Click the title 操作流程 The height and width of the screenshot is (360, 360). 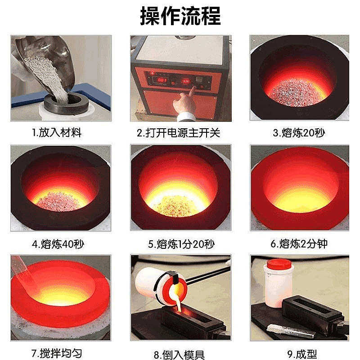pos(180,16)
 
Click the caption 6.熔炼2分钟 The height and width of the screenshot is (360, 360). pos(299,244)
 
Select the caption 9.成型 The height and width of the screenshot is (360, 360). pos(299,354)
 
